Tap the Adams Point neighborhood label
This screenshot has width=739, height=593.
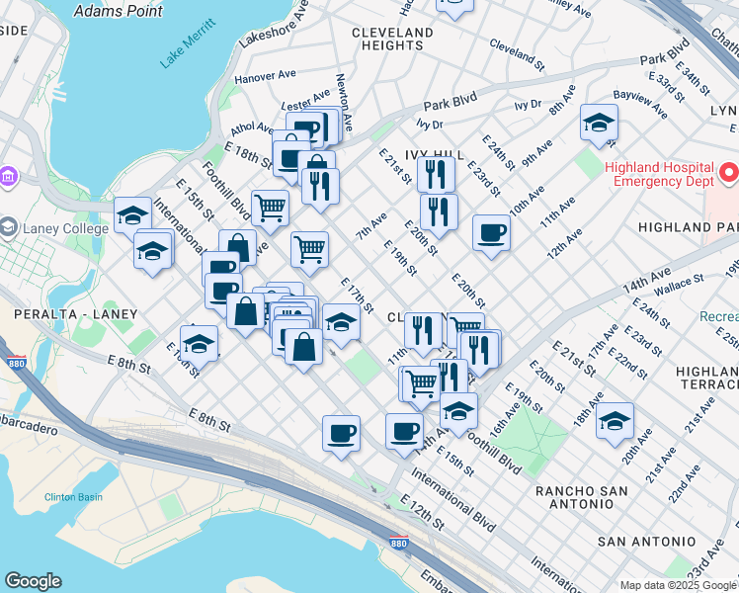click(x=119, y=12)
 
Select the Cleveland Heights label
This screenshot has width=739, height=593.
click(x=393, y=39)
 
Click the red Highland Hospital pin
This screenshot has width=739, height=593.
click(x=730, y=173)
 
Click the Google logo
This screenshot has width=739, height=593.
click(x=33, y=581)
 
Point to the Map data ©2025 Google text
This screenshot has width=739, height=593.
click(x=678, y=585)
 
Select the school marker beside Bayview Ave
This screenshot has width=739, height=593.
click(x=599, y=123)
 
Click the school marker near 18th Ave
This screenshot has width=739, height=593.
click(x=615, y=420)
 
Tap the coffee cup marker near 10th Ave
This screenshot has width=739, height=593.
click(x=491, y=233)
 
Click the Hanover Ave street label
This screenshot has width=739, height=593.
click(x=265, y=75)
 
